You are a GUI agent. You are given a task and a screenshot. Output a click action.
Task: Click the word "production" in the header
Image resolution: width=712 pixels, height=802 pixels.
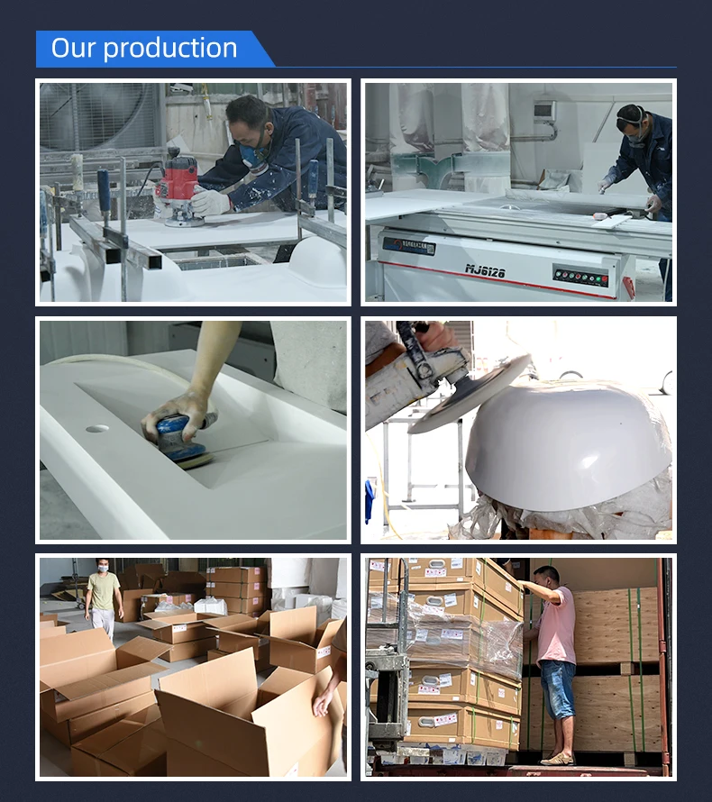[x=170, y=49]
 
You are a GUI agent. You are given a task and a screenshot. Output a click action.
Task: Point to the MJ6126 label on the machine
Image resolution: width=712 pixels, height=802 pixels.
[x=484, y=269]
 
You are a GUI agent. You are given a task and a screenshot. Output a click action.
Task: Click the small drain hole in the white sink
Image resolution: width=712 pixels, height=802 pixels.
[x=97, y=428]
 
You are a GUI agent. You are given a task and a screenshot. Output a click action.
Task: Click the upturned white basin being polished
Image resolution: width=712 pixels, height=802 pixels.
[x=568, y=446]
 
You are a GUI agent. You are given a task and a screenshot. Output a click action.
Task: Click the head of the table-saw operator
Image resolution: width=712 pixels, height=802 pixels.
[x=632, y=122]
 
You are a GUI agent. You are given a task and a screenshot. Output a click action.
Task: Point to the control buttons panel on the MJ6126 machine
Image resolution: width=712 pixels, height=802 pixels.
[x=580, y=275]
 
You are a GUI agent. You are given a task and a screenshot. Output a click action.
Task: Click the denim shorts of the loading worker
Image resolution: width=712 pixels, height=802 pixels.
[x=558, y=689]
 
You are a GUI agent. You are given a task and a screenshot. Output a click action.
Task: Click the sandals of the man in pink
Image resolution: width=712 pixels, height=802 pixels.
[x=557, y=759]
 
